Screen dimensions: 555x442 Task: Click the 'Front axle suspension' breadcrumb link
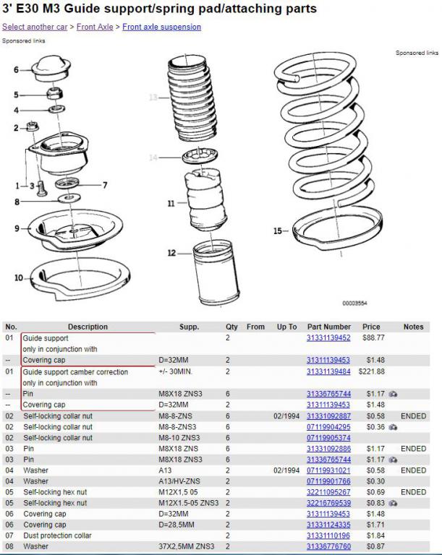(x=161, y=27)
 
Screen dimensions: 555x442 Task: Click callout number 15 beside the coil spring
(x=277, y=231)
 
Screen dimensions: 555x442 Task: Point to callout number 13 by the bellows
(x=153, y=98)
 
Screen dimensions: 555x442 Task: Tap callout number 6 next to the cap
(x=16, y=69)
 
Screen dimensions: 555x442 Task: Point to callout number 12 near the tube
(x=171, y=253)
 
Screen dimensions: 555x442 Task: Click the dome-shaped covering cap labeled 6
(x=51, y=67)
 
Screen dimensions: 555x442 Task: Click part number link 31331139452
(x=328, y=337)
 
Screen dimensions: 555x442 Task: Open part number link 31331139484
(x=328, y=371)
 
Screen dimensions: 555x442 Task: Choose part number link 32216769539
(x=328, y=502)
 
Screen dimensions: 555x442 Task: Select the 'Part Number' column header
(x=328, y=327)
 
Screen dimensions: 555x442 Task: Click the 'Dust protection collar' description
(x=59, y=535)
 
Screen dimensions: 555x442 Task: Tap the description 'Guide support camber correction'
(x=75, y=371)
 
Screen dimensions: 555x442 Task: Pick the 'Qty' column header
(x=231, y=327)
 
